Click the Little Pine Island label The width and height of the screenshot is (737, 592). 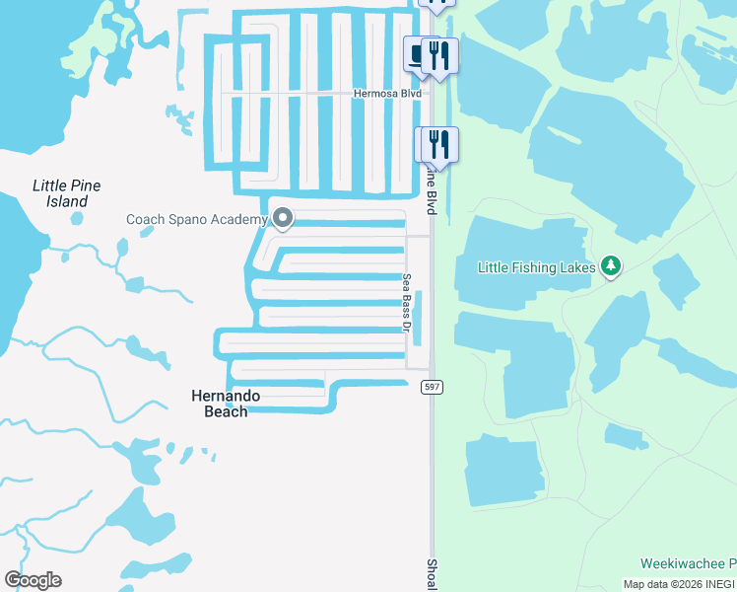tap(67, 193)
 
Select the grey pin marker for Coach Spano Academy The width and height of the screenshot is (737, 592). tap(283, 218)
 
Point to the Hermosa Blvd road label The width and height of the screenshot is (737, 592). tap(387, 94)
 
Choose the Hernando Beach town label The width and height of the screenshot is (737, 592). tap(226, 403)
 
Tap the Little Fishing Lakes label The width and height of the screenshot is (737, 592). tap(537, 266)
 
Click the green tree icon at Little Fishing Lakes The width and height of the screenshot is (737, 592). tap(611, 265)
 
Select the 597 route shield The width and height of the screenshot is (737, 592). tap(432, 387)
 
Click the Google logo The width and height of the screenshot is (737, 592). tap(33, 580)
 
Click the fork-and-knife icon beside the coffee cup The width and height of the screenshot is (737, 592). tap(439, 55)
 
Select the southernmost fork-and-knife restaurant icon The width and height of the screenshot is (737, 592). tap(440, 144)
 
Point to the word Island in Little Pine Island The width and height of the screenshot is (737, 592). tap(67, 201)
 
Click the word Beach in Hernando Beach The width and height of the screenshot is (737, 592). tap(226, 410)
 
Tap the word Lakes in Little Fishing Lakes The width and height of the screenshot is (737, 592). tap(577, 266)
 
